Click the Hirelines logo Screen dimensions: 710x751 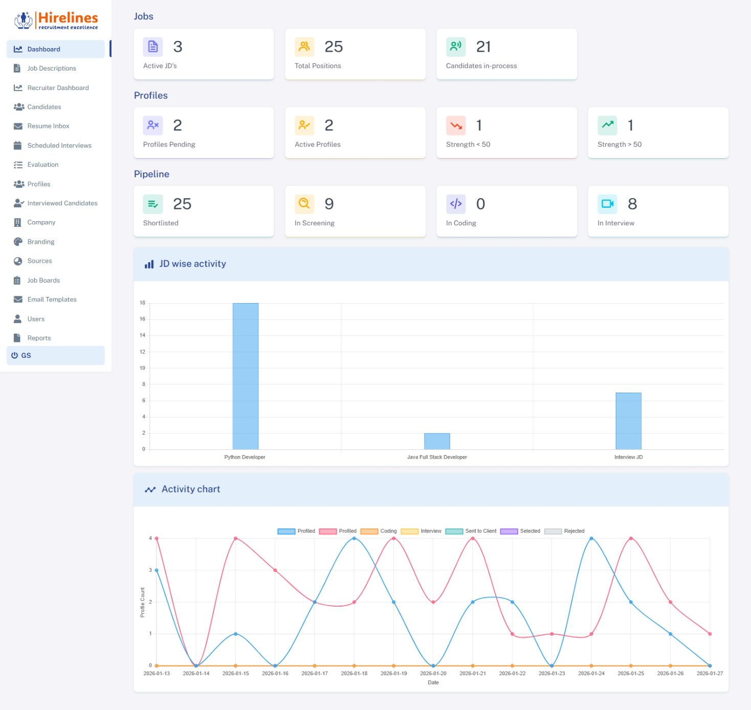click(x=56, y=20)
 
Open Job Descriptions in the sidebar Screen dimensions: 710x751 click(x=51, y=69)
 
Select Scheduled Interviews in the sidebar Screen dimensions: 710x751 click(x=59, y=145)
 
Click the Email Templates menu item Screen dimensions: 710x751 click(x=52, y=299)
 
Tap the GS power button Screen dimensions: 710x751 click(x=15, y=355)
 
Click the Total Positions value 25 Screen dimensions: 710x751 click(x=334, y=47)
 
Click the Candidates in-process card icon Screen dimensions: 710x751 click(x=455, y=47)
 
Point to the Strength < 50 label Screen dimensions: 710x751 click(x=468, y=144)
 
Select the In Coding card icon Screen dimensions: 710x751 click(x=455, y=204)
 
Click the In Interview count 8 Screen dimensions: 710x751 click(x=632, y=204)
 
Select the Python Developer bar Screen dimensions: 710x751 click(x=245, y=376)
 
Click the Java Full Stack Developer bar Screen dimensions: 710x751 click(x=437, y=441)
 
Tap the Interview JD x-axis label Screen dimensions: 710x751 click(x=628, y=457)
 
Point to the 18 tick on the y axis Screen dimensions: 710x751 click(x=142, y=303)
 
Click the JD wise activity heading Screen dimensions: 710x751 click(x=192, y=264)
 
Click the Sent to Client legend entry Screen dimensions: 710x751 click(x=471, y=531)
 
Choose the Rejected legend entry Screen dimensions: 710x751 click(x=564, y=531)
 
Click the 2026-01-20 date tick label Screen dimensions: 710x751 click(x=433, y=673)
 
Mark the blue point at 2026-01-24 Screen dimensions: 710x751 click(x=591, y=539)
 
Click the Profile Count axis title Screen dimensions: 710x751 click(x=142, y=602)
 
